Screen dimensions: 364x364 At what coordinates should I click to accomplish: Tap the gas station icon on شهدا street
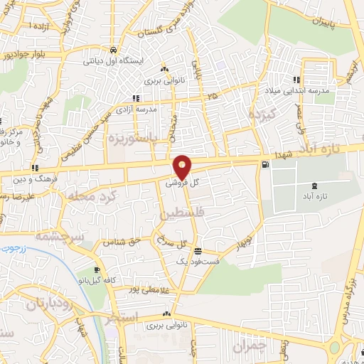tap(265, 165)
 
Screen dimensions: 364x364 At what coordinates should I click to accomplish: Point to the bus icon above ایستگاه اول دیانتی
tap(114, 50)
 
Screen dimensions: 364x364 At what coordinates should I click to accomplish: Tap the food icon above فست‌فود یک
tap(197, 251)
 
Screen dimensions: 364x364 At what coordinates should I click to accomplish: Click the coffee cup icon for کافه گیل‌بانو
tap(97, 270)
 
